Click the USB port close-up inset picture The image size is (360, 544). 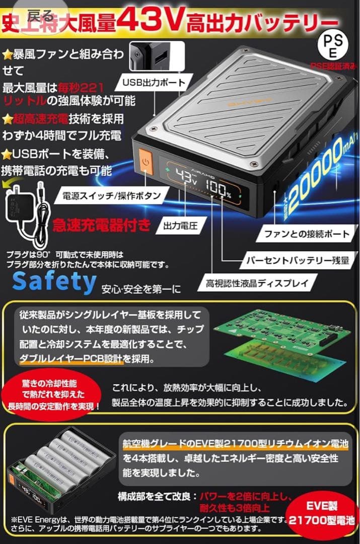(x=149, y=56)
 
